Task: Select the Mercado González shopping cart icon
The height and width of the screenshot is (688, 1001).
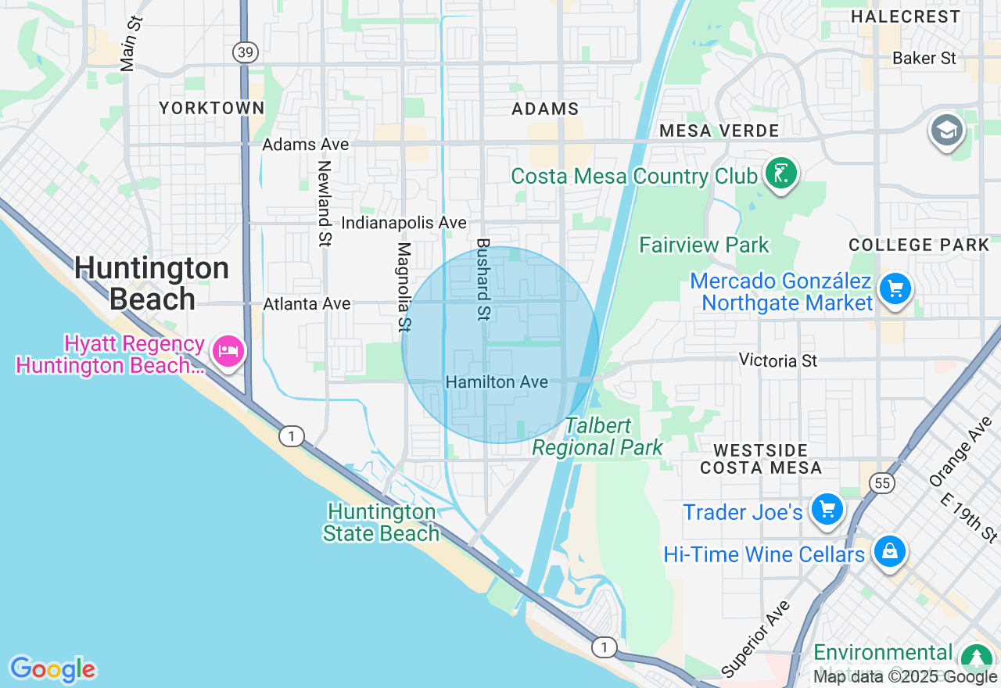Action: click(895, 290)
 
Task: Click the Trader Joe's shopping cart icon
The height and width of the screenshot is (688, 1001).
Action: click(827, 510)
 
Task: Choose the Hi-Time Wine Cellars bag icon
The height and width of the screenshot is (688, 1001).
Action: click(889, 552)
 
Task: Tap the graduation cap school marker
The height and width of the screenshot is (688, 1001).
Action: click(946, 131)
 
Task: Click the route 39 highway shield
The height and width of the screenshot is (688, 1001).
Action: click(245, 52)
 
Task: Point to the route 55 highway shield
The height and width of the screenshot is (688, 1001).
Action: click(882, 483)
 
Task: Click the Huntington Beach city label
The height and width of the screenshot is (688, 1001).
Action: click(152, 284)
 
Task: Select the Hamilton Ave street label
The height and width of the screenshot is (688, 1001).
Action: click(497, 382)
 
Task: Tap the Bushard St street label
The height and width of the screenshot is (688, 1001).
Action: click(483, 279)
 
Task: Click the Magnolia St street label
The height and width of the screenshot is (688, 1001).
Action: click(404, 285)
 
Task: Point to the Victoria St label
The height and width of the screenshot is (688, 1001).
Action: click(778, 360)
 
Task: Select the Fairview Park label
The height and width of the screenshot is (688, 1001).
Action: click(704, 245)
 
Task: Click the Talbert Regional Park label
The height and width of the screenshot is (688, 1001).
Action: click(597, 436)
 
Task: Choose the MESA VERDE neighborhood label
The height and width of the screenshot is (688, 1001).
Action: click(719, 131)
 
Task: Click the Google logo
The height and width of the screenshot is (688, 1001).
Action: click(52, 669)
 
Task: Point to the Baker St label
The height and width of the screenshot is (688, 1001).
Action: click(924, 58)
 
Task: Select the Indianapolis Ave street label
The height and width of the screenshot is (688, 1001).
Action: click(404, 223)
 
